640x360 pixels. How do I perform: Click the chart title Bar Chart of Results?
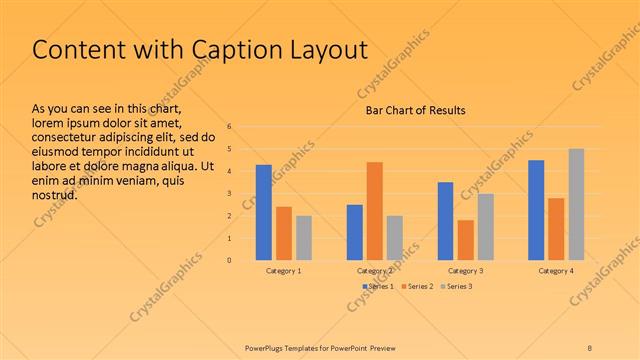[x=414, y=110]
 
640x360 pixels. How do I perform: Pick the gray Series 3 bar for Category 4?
[x=576, y=204]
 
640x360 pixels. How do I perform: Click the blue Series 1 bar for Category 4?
[x=536, y=210]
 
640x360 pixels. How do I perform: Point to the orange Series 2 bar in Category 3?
[x=465, y=240]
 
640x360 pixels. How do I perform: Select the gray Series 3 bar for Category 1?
[x=304, y=238]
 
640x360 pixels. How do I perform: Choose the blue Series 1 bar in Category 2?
[x=354, y=232]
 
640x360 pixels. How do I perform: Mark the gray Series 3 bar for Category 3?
[x=485, y=227]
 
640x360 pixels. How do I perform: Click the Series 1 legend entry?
[x=376, y=287]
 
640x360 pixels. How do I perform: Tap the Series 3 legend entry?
[x=455, y=287]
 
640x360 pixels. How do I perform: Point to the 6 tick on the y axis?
[x=230, y=127]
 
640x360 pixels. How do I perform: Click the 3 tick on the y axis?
[x=230, y=194]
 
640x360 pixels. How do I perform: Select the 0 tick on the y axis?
[x=230, y=260]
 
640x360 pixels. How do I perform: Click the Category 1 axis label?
[x=284, y=271]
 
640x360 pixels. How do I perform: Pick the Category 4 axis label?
[x=556, y=271]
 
